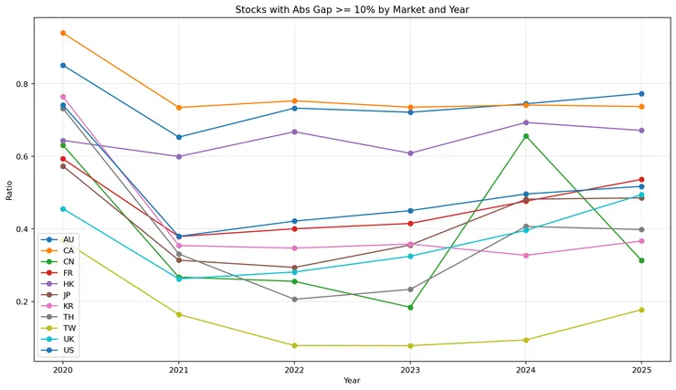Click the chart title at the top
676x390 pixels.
pyautogui.click(x=351, y=9)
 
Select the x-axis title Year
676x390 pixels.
pyautogui.click(x=352, y=380)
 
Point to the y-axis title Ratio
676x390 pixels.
pyautogui.click(x=9, y=193)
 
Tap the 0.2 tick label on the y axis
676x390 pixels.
pyautogui.click(x=21, y=301)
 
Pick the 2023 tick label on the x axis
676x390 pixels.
pyautogui.click(x=409, y=369)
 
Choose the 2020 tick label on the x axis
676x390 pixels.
pyautogui.click(x=63, y=369)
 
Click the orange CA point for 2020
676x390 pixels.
pyautogui.click(x=63, y=33)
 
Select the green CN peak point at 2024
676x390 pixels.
pyautogui.click(x=525, y=136)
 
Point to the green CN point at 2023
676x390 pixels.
pyautogui.click(x=410, y=307)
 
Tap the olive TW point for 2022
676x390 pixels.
pyautogui.click(x=294, y=345)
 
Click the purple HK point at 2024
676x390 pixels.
pyautogui.click(x=525, y=122)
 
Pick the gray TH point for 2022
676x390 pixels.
pyautogui.click(x=294, y=299)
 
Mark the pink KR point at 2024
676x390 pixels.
pyautogui.click(x=525, y=256)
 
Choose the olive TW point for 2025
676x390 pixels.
pyautogui.click(x=641, y=310)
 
